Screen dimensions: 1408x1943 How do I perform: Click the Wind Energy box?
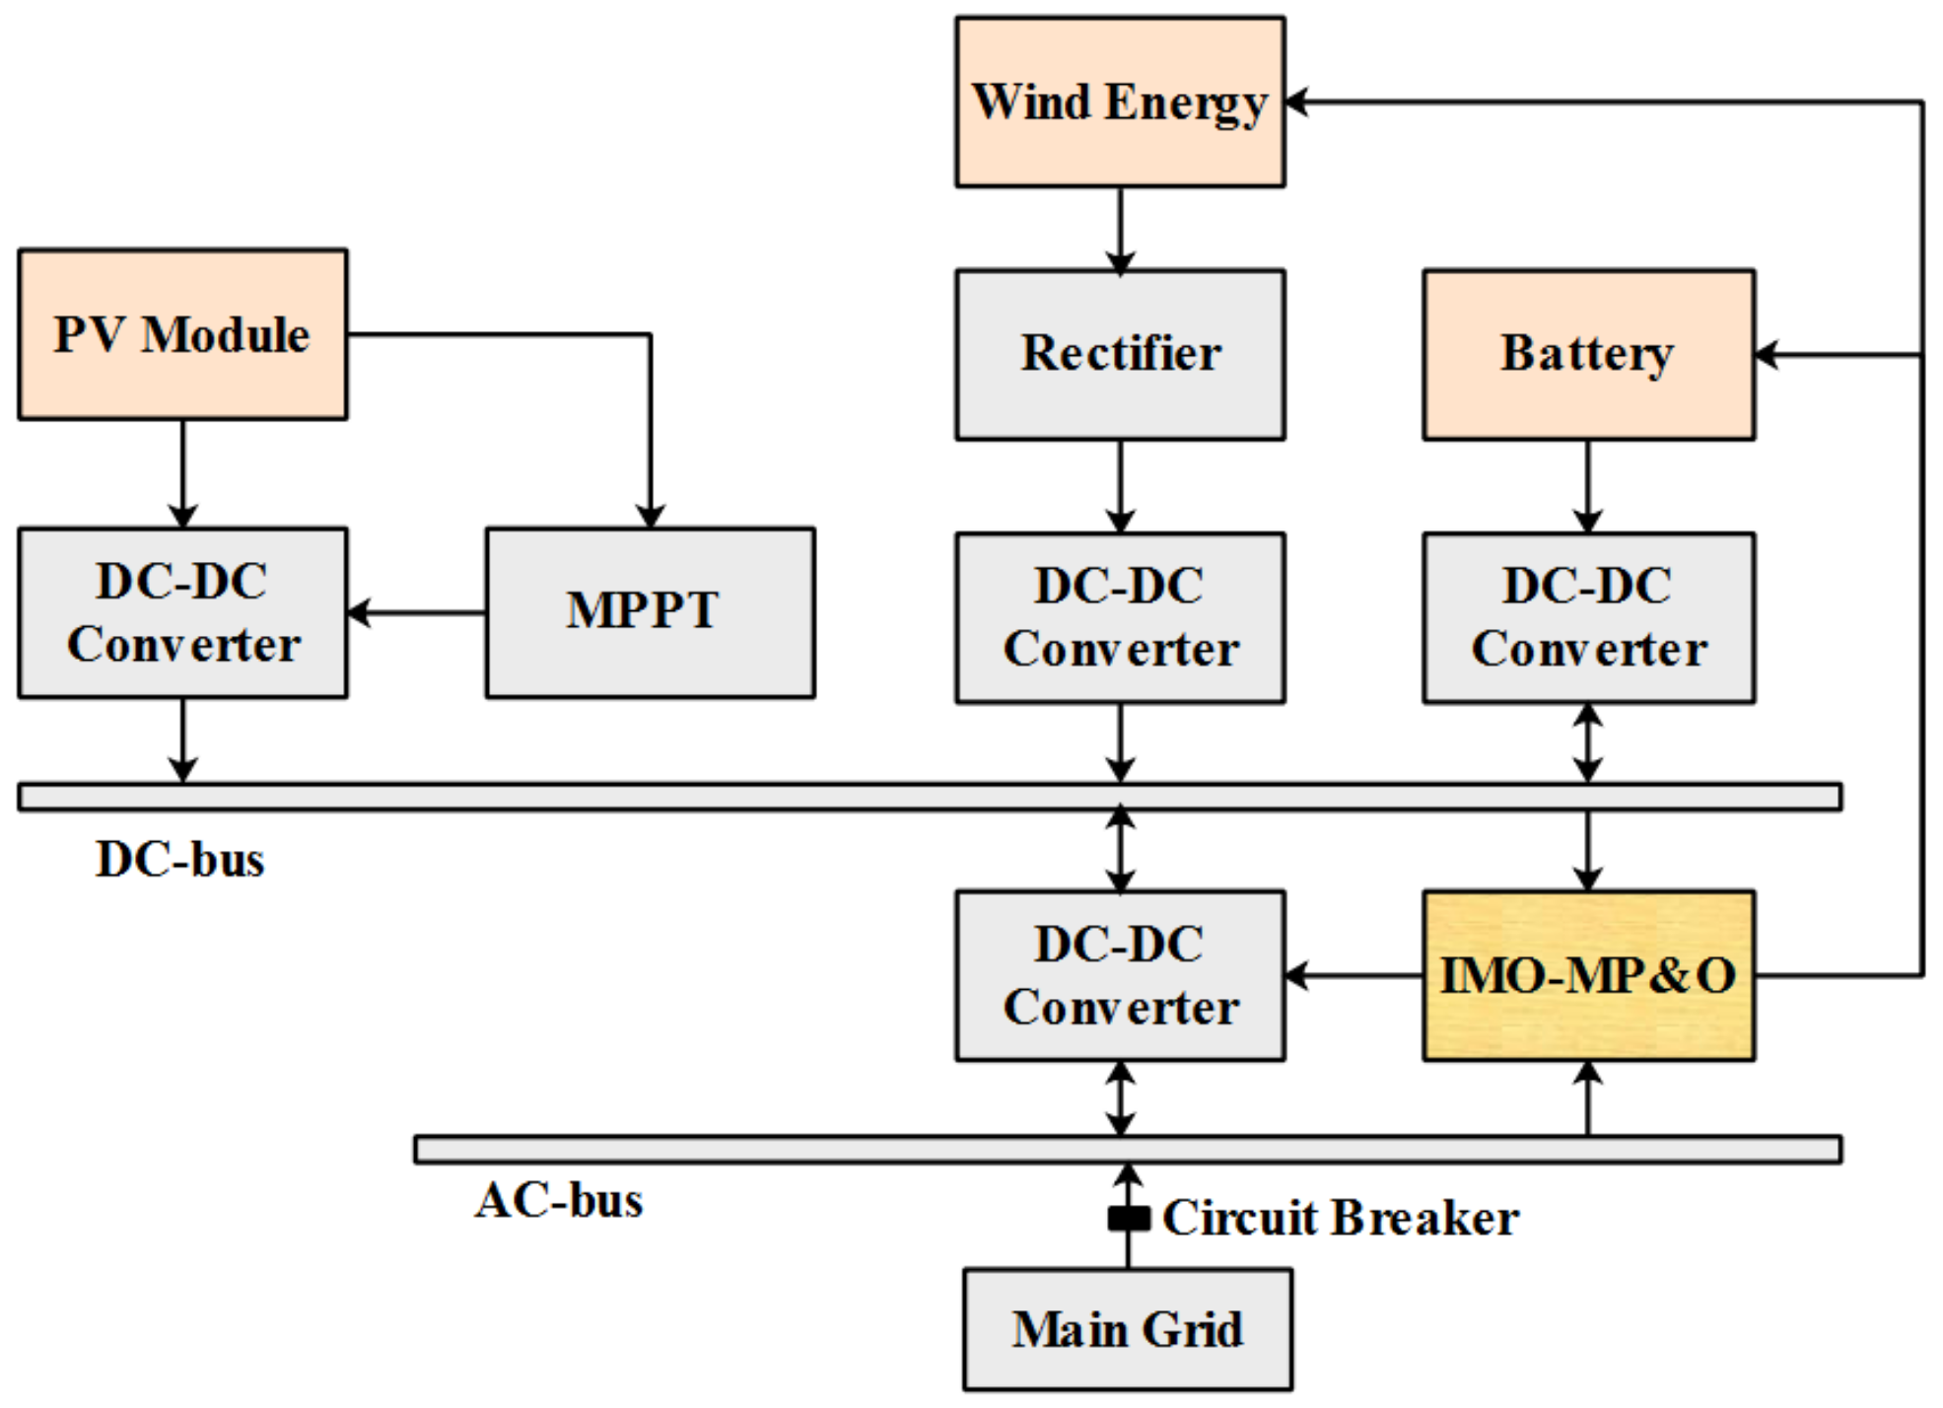click(1119, 102)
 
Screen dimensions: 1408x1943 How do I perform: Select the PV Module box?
click(182, 334)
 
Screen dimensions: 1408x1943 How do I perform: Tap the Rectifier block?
click(1119, 354)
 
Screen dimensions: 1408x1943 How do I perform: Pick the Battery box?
click(1587, 354)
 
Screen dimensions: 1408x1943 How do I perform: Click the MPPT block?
click(650, 612)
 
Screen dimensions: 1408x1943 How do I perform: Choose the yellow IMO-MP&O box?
click(1587, 975)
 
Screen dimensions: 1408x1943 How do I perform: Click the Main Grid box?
click(1127, 1329)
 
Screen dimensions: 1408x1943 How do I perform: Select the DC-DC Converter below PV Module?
click(182, 612)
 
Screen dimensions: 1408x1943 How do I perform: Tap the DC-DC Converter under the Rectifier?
click(1119, 618)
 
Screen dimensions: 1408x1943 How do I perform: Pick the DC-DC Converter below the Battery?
click(1587, 618)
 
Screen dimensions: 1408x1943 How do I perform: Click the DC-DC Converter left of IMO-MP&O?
click(1119, 975)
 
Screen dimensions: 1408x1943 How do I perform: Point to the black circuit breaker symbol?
click(1128, 1219)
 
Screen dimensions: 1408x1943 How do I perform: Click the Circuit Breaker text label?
click(1341, 1219)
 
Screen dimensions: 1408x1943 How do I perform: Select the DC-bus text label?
click(180, 860)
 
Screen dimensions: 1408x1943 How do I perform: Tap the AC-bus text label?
click(559, 1201)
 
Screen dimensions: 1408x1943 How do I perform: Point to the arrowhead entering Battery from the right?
click(1768, 355)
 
